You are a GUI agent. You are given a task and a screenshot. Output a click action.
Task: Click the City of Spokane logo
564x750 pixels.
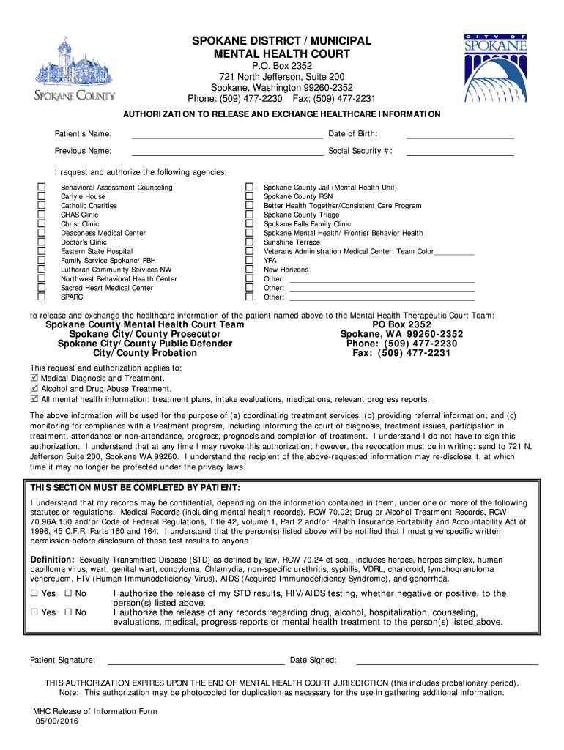[495, 67]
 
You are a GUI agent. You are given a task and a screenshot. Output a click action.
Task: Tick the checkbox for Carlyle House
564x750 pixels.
[42, 197]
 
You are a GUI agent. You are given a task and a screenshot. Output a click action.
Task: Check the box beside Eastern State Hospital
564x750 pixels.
[42, 251]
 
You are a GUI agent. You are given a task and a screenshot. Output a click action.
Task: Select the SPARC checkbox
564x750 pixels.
[42, 297]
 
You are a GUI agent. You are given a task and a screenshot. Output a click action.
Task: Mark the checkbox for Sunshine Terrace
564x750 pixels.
[248, 242]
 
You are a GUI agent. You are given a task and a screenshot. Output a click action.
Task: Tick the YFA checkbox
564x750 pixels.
[248, 261]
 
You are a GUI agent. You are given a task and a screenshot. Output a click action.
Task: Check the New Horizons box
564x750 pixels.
[248, 270]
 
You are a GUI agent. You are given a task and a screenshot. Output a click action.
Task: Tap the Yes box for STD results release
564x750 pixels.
[34, 593]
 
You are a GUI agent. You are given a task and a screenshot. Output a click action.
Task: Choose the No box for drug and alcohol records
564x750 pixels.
[68, 612]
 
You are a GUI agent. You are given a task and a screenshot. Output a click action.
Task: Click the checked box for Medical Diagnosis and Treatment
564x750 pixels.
[34, 378]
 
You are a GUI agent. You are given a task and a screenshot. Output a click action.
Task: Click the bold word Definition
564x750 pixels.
[52, 560]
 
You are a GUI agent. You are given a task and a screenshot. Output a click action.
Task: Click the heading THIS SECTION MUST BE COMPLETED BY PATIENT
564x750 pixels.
[135, 488]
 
